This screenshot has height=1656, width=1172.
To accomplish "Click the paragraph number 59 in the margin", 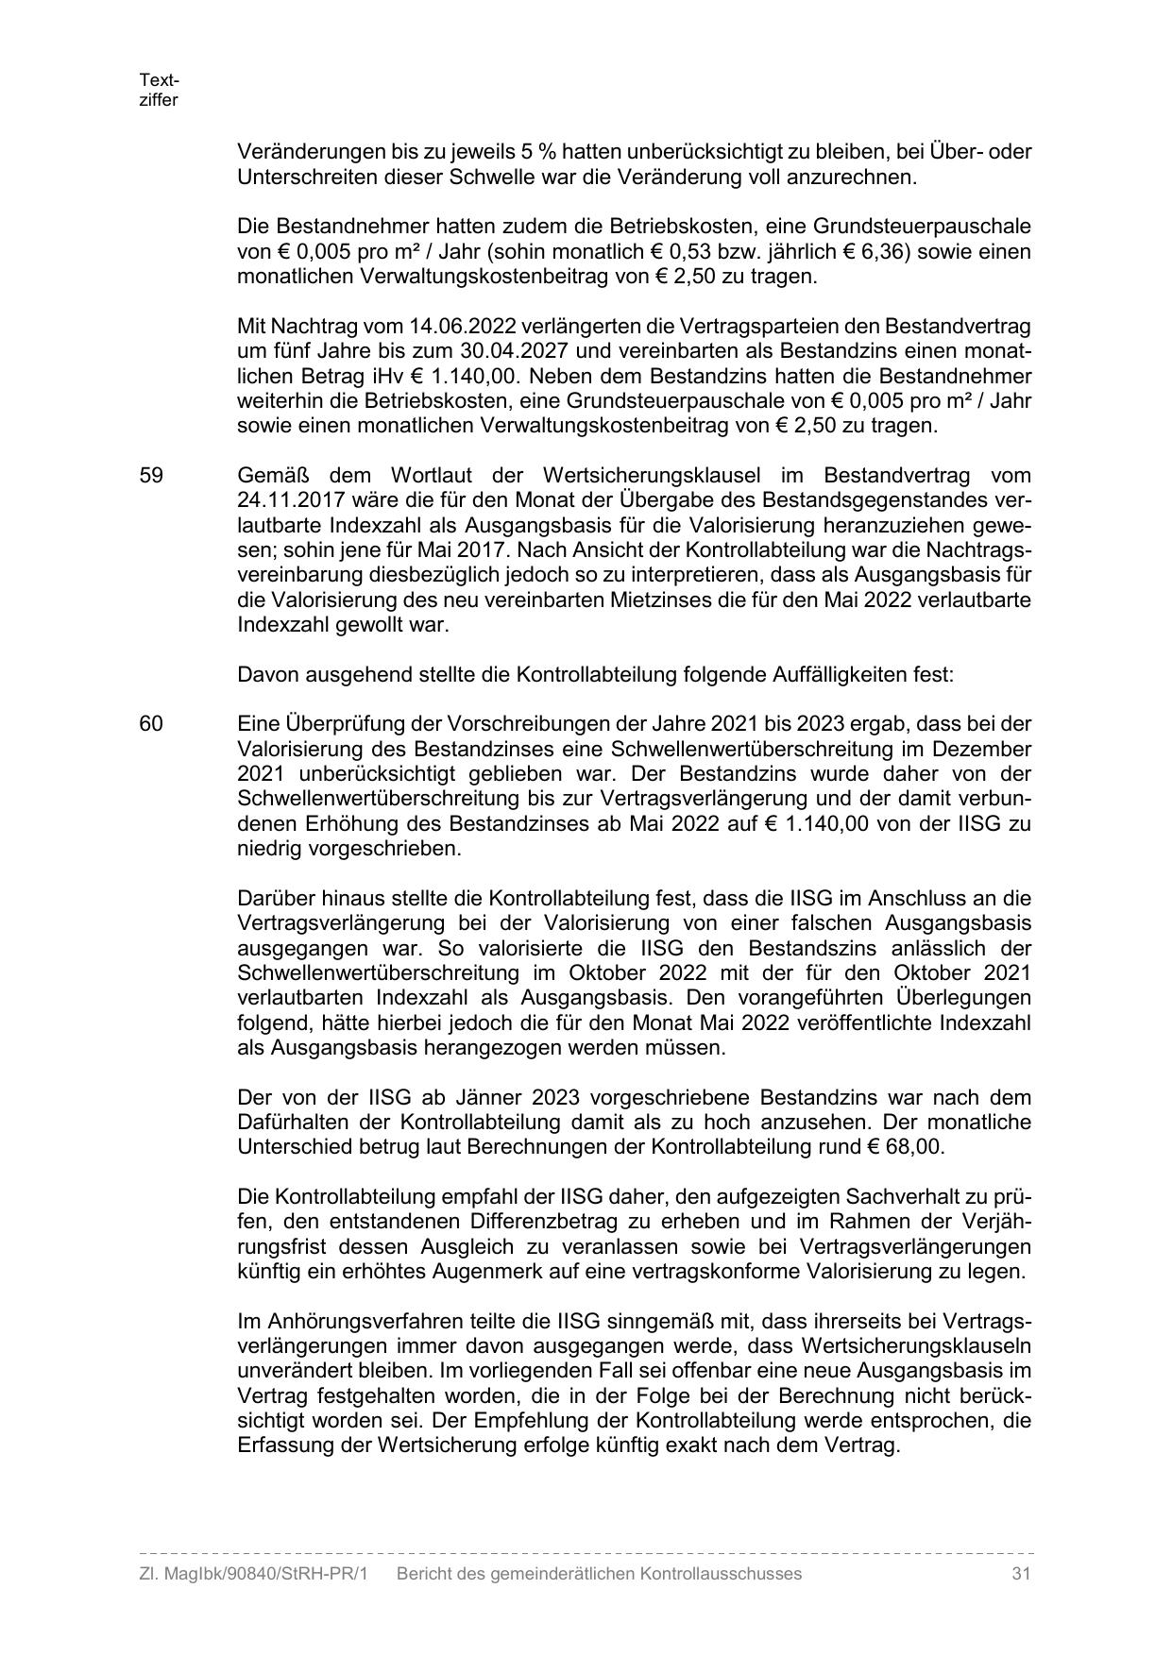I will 151,476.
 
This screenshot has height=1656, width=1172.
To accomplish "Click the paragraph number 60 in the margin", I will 151,724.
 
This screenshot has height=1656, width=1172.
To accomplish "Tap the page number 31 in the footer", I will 1020,1574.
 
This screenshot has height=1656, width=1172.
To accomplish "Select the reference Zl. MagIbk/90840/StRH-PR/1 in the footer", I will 253,1574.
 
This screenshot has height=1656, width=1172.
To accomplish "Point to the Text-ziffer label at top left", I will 159,90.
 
